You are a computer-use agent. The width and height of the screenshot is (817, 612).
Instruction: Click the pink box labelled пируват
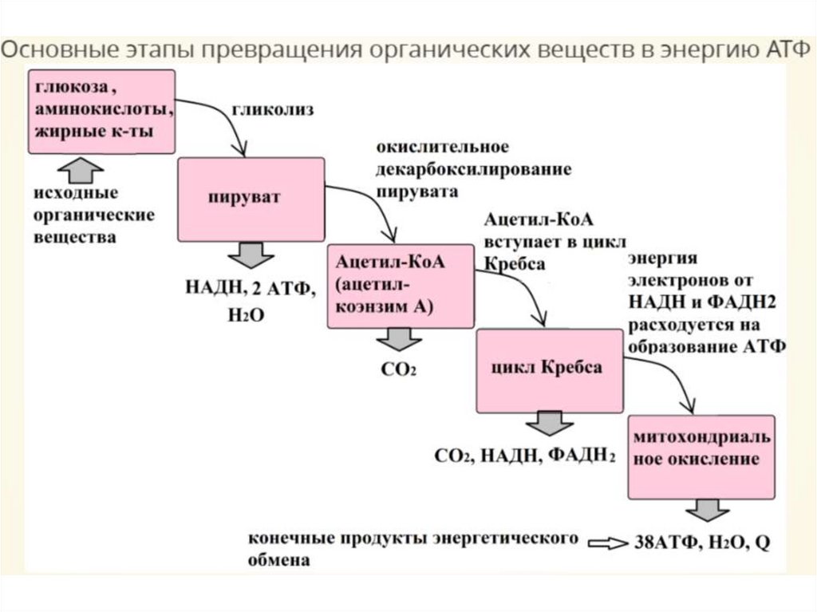pos(251,199)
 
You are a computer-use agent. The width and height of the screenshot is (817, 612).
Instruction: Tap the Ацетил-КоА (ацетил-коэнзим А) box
pos(400,286)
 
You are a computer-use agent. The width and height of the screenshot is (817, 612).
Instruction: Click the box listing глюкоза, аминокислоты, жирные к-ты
pos(101,111)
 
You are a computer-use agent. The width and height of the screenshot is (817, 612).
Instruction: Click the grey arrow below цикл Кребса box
pos(546,423)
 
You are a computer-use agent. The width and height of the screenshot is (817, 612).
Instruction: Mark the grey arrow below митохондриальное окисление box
pos(702,511)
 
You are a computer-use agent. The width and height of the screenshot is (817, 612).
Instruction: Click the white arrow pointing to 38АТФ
pos(608,543)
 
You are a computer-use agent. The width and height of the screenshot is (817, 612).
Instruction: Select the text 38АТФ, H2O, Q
pos(703,543)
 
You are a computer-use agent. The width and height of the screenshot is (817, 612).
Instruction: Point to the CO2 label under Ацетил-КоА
pos(399,369)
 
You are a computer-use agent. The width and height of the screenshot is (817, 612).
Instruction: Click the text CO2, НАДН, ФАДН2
pos(525,456)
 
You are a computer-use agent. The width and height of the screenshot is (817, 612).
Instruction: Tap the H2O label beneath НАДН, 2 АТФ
pos(244,315)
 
